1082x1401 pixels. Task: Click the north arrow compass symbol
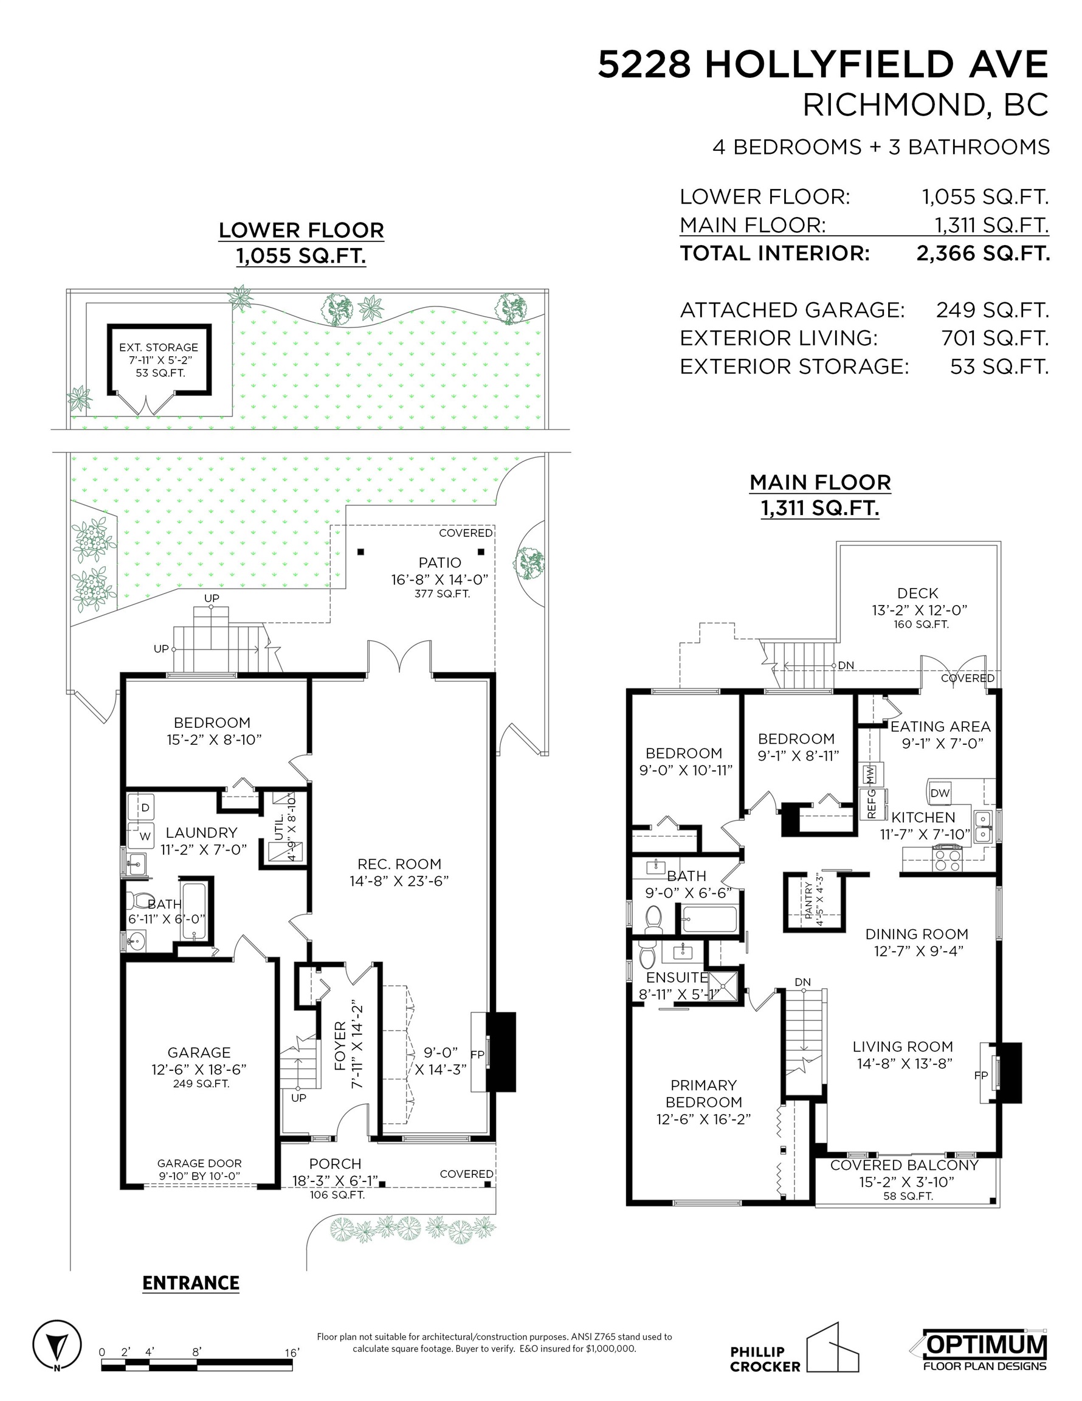tap(57, 1345)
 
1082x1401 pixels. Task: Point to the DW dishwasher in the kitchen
tap(940, 793)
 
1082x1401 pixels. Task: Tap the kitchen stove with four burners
tap(947, 859)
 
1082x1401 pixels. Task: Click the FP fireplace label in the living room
tap(980, 1076)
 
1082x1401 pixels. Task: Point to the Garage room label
tap(199, 1053)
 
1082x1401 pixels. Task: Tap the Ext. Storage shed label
tap(159, 348)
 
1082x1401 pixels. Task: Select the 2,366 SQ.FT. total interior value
tap(982, 254)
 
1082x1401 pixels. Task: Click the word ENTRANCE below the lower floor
tap(190, 1283)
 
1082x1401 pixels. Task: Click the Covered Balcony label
tap(905, 1165)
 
